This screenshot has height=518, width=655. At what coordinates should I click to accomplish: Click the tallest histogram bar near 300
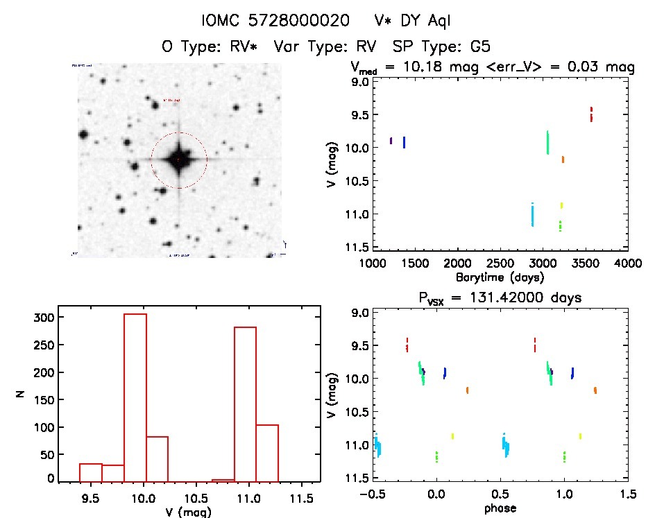point(135,397)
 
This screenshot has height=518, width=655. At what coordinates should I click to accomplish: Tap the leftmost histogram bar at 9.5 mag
point(91,472)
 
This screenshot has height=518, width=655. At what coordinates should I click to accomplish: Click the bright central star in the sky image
point(178,159)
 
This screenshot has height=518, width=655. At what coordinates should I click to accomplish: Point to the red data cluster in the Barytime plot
point(591,114)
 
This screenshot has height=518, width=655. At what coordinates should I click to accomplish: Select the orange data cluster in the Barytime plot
point(563,159)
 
